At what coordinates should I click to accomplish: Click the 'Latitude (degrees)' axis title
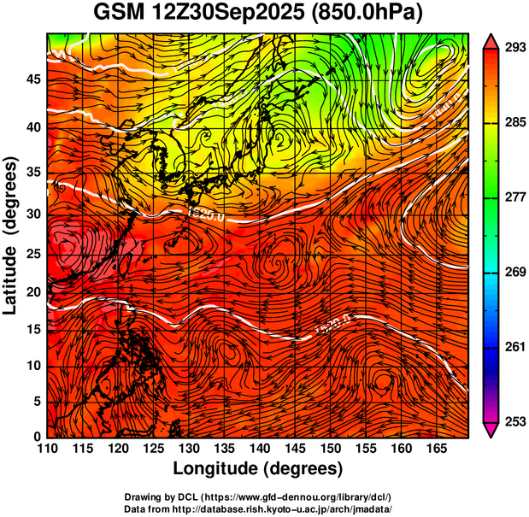12,234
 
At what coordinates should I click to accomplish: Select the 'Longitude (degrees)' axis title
258,468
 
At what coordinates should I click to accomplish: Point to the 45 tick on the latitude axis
32,79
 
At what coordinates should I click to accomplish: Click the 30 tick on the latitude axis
32,214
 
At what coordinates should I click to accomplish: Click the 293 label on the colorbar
512,48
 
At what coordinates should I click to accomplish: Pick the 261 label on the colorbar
512,347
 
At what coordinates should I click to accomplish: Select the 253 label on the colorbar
512,421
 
